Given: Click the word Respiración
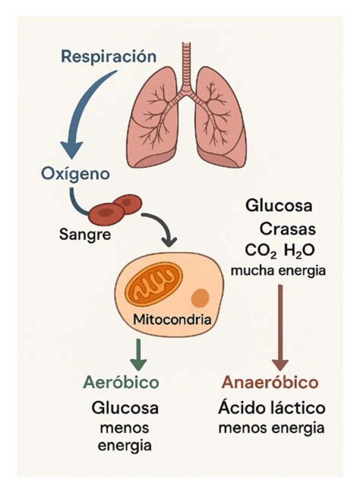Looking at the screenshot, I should coord(108,55).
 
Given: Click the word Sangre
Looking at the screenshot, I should coord(84,233).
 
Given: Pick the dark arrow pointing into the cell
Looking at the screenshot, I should coord(162,227).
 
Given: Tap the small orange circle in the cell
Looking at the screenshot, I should coord(200,298).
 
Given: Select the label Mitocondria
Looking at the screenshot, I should coord(172,319).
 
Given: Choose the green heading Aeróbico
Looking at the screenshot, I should coord(121,382).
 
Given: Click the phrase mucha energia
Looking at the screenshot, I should coord(278,270).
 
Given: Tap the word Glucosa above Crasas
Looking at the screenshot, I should coord(278,206).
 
